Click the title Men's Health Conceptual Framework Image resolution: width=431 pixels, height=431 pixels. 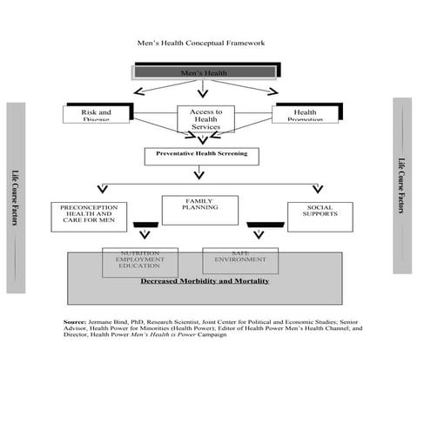[x=201, y=42]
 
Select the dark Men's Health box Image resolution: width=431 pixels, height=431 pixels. [x=204, y=73]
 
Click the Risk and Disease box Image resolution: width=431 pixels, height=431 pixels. [x=97, y=114]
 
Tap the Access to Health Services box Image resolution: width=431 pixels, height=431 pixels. [x=206, y=119]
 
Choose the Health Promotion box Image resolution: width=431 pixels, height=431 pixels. [x=305, y=114]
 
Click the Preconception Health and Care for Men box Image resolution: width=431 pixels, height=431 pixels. [x=90, y=216]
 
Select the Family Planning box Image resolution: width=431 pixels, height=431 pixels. [x=199, y=210]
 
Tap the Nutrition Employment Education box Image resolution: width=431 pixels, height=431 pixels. [x=139, y=261]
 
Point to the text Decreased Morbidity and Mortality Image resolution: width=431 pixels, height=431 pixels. [x=205, y=281]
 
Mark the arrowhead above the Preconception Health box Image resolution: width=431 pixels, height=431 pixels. [x=100, y=189]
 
